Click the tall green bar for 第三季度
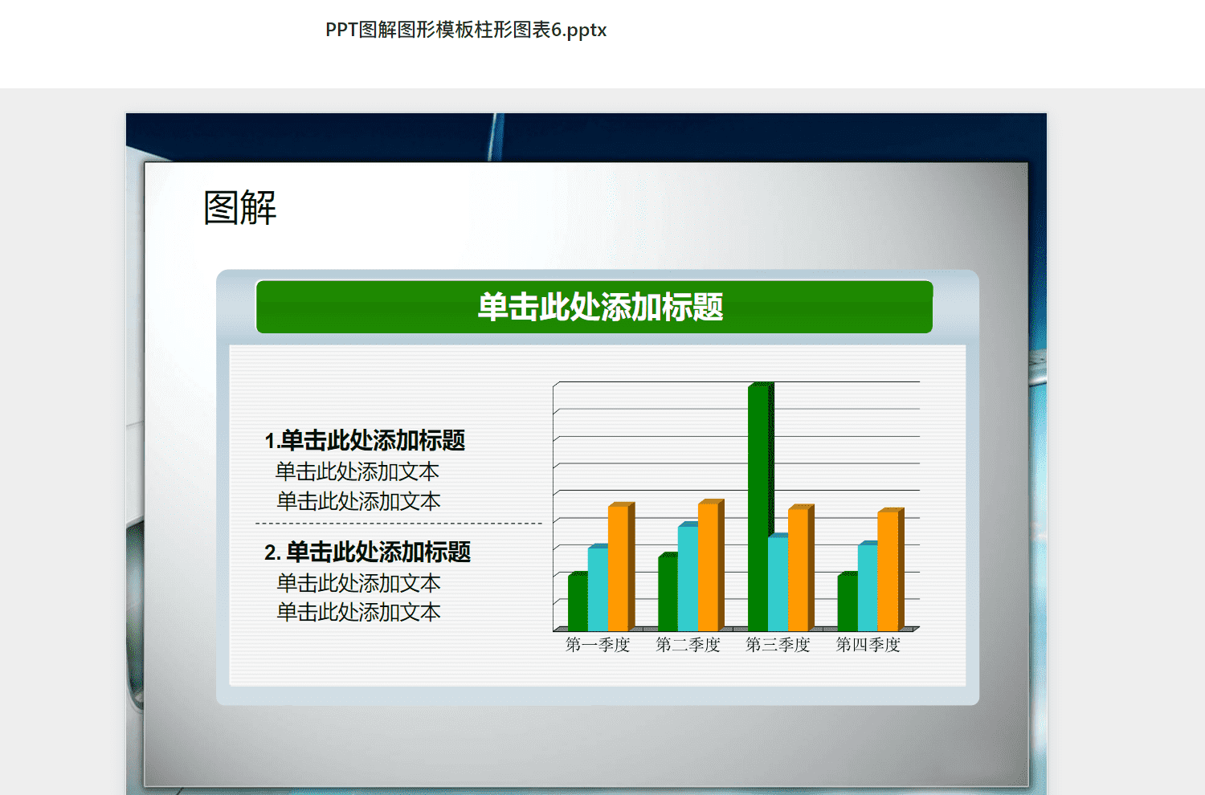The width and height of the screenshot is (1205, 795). tap(761, 506)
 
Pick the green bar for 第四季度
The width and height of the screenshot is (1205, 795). tap(848, 601)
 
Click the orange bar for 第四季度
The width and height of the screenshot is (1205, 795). tap(890, 569)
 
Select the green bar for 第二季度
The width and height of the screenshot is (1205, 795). tap(668, 592)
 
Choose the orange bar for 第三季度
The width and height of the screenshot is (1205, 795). tap(800, 568)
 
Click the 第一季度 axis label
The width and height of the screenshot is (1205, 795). tap(598, 644)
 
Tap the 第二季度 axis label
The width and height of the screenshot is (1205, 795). tap(688, 644)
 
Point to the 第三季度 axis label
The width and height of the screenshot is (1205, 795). tap(778, 644)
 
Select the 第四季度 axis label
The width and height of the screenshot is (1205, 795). tap(868, 644)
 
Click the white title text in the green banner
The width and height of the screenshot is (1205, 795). tap(600, 307)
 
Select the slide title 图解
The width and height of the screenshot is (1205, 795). tap(240, 208)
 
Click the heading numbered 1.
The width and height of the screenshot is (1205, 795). tap(365, 440)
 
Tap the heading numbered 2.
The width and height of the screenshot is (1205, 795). tap(367, 552)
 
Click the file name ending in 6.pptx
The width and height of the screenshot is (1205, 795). tap(466, 30)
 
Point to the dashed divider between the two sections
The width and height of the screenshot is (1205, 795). tap(398, 523)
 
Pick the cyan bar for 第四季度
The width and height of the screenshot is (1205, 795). tap(868, 586)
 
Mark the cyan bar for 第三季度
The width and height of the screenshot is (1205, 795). tap(778, 582)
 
